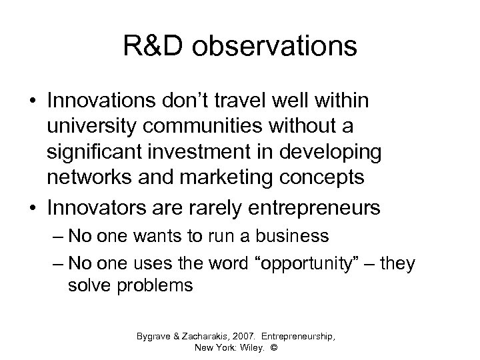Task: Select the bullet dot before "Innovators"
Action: point(33,207)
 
